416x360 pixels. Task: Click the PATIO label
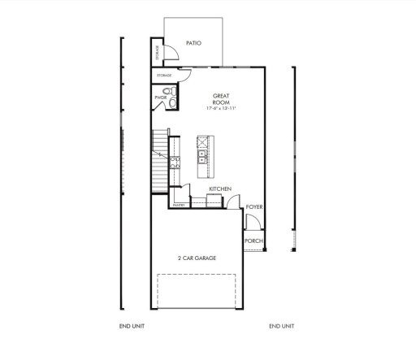(193, 43)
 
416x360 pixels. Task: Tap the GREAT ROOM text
(221, 99)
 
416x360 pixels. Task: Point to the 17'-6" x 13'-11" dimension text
(221, 109)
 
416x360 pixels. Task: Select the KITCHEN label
(220, 189)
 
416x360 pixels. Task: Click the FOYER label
(254, 208)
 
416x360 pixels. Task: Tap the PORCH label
(254, 241)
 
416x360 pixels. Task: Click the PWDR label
(160, 98)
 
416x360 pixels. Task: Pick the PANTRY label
(179, 206)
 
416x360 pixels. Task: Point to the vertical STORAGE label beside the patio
(157, 53)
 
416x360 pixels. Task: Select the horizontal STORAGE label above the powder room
(164, 76)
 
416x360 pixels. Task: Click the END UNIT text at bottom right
(282, 326)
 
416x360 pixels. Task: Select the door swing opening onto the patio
(173, 54)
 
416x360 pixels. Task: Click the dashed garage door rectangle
(197, 292)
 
